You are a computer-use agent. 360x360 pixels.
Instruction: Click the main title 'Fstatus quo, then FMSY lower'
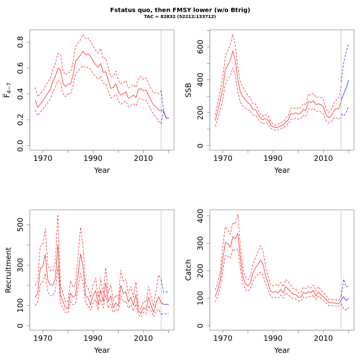(x=180, y=10)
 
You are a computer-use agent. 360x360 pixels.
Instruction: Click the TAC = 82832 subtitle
(x=180, y=17)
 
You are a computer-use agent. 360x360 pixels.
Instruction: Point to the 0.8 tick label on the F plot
(x=20, y=42)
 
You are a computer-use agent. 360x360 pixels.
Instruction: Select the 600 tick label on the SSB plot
(x=200, y=47)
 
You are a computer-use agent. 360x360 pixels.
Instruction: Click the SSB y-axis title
(x=188, y=90)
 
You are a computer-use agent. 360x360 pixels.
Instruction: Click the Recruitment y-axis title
(x=8, y=270)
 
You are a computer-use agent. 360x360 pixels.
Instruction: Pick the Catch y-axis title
(x=188, y=270)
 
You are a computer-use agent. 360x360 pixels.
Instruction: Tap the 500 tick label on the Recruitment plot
(x=20, y=225)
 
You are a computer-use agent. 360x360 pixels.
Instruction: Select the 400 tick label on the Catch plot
(x=200, y=216)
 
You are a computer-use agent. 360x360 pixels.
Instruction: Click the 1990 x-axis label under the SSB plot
(x=273, y=158)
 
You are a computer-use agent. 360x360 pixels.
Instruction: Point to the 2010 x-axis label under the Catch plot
(x=323, y=338)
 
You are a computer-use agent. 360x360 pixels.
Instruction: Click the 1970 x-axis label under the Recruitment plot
(x=43, y=338)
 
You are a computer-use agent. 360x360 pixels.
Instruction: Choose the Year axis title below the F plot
(x=102, y=170)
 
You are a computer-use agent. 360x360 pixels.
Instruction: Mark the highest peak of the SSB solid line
(x=233, y=51)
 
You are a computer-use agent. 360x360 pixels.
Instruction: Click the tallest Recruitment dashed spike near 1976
(x=58, y=215)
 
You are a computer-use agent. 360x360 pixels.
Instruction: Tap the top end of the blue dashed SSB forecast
(x=349, y=44)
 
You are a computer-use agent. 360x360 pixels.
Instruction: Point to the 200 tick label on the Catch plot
(x=200, y=271)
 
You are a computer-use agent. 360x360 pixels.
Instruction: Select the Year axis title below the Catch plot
(x=282, y=350)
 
